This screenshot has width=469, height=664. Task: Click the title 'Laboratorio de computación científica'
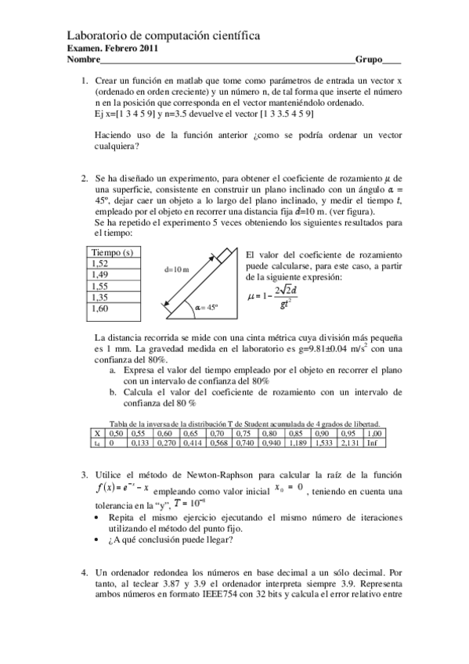pos(164,36)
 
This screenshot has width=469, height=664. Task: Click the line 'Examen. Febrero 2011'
pos(113,49)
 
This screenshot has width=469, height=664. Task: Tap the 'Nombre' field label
pos(84,60)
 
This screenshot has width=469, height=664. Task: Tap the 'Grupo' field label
pos(370,60)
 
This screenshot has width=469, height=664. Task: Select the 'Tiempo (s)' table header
pos(112,253)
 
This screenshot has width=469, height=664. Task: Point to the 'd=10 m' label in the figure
pos(177,269)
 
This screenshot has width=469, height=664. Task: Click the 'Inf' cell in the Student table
pos(373,443)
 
